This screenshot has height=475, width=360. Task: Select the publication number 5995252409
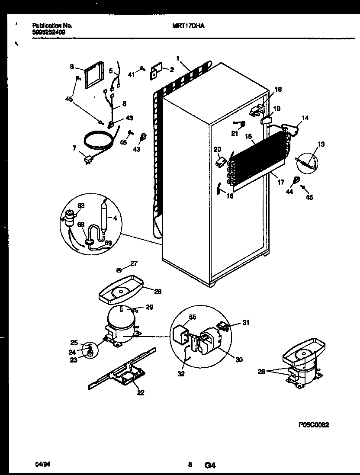[x=49, y=32]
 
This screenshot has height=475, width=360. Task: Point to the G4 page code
[x=210, y=465]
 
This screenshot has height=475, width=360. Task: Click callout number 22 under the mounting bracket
[x=140, y=393]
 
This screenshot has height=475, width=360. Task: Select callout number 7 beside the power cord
[x=75, y=148]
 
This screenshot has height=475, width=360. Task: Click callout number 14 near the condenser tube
[x=305, y=118]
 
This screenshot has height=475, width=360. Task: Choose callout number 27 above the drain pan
[x=134, y=263]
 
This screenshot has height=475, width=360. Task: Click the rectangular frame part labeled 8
[x=93, y=74]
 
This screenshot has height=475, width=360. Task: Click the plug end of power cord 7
[x=89, y=161]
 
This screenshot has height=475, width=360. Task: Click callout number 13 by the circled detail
[x=321, y=144]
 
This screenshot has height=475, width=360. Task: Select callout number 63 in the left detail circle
[x=81, y=205]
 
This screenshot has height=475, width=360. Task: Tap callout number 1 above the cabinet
[x=177, y=58]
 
